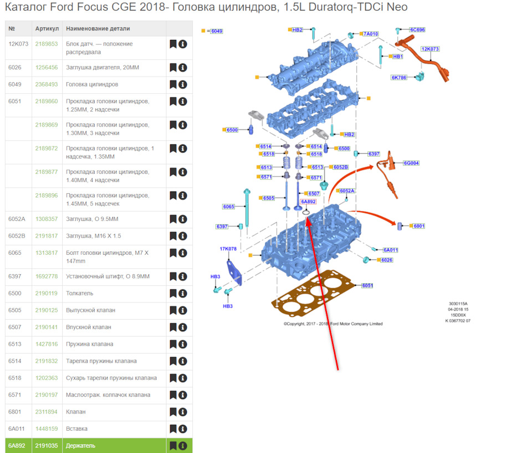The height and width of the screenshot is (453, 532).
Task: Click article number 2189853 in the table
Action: point(47,44)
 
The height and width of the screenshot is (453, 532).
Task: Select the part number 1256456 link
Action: point(47,67)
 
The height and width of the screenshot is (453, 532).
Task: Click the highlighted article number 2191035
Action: point(47,446)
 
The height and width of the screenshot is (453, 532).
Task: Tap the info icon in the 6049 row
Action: point(183,84)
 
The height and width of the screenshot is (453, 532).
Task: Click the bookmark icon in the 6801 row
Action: point(173,412)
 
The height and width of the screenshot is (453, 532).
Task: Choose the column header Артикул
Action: point(47,28)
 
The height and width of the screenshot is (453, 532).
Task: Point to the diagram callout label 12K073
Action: point(430,49)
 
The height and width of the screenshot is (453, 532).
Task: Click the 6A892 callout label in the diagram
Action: point(308,202)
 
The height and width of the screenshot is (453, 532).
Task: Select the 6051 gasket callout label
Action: point(367,285)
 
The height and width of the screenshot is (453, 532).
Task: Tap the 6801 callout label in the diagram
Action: point(419,226)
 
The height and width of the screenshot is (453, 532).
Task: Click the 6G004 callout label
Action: point(411,163)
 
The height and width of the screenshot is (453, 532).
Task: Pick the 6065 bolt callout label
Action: point(229,207)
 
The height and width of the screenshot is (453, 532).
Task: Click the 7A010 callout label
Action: point(371,34)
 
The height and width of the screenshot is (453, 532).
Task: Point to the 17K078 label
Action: point(228,249)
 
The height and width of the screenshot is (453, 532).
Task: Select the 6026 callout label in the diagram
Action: point(386,260)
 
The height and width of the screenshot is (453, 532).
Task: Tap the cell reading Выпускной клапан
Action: point(90,310)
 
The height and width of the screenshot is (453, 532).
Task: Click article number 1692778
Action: point(47,276)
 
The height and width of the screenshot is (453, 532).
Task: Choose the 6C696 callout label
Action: point(417,29)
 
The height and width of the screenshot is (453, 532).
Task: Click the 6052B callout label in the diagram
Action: point(340,167)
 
